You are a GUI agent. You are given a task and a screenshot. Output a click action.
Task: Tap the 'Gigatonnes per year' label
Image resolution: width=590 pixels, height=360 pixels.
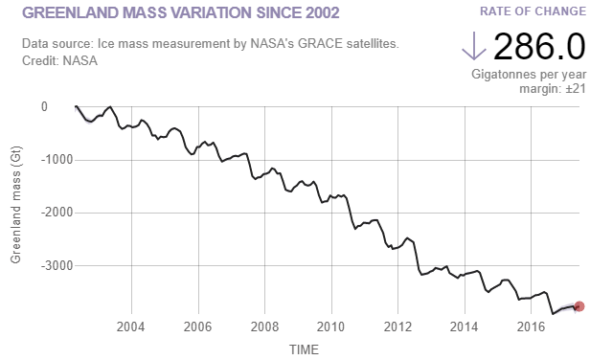tap(529, 74)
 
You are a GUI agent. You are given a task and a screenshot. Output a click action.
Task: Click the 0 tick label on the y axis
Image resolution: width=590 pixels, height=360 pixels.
tap(44, 107)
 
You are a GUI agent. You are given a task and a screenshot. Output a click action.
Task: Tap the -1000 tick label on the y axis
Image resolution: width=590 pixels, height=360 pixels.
tap(34, 160)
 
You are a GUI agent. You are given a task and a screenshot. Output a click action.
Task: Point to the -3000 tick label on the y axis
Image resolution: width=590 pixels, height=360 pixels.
tap(34, 265)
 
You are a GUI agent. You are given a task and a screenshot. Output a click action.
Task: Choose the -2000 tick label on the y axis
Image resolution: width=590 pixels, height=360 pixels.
tap(34, 213)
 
